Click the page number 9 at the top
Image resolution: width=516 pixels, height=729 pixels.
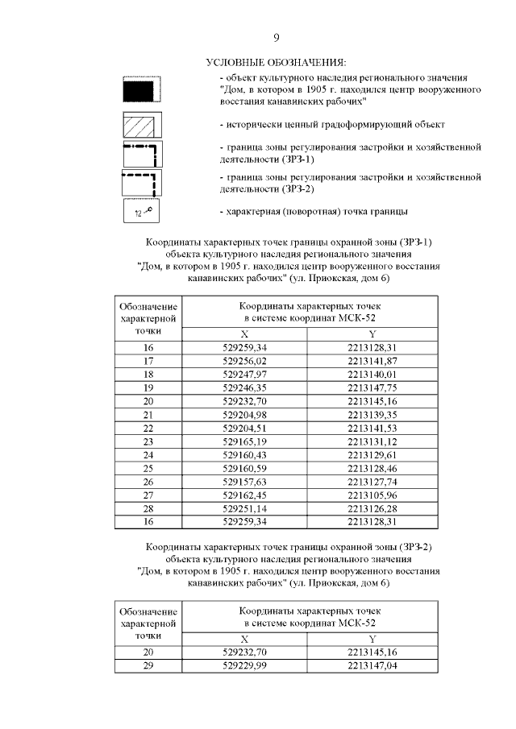[x=277, y=38]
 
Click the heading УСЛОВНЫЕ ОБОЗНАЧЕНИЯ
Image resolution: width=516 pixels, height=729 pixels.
[x=276, y=62]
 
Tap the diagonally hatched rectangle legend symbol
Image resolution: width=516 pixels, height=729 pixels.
[x=141, y=125]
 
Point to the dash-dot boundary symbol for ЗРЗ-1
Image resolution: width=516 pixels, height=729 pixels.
[x=141, y=154]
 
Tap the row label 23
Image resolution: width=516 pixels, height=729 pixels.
[x=148, y=441]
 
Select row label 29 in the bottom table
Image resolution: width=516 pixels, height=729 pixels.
[x=148, y=666]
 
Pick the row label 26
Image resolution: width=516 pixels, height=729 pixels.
[x=148, y=482]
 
